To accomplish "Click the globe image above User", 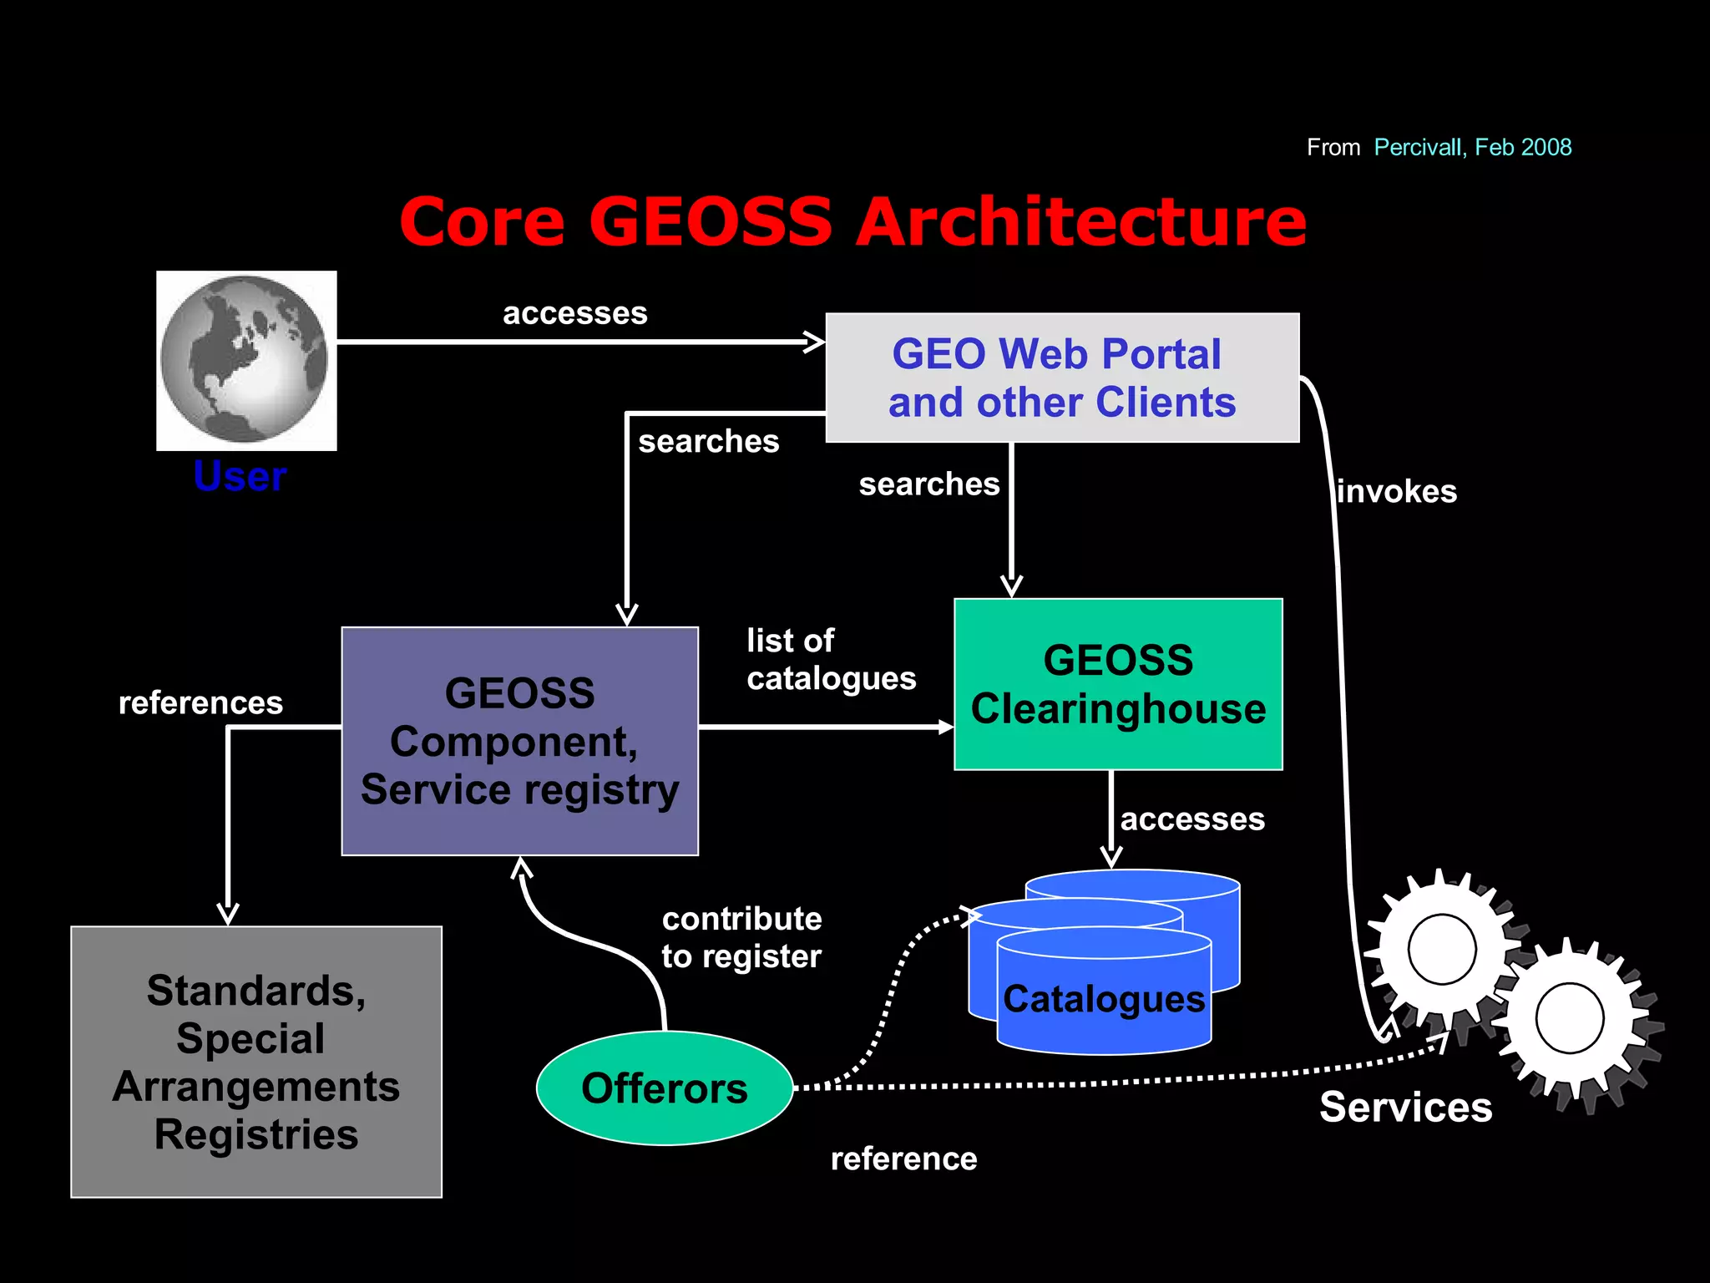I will [246, 360].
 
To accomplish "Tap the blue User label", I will [240, 476].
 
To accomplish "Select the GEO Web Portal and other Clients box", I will [1062, 378].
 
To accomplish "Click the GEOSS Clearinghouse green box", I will [1118, 684].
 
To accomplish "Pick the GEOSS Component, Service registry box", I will [519, 741].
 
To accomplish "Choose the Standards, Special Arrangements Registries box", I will [256, 1062].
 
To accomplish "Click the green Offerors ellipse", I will [665, 1088].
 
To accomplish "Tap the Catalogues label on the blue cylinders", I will [1104, 999].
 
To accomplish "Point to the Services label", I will [1405, 1108].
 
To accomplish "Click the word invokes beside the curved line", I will [1397, 492].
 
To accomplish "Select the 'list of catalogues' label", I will [831, 660].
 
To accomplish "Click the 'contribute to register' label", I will [741, 937].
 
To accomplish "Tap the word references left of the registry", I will [200, 703].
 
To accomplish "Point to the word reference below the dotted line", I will [903, 1159].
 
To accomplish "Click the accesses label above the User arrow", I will [574, 313].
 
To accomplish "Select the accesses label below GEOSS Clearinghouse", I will [1192, 819].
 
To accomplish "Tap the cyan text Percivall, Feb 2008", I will [1473, 148].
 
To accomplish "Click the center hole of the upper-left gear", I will [1442, 949].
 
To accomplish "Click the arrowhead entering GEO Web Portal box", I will [815, 342].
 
